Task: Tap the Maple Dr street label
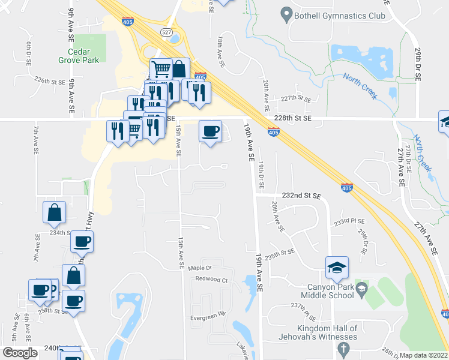pyautogui.click(x=200, y=268)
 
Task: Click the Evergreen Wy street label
pyautogui.click(x=208, y=313)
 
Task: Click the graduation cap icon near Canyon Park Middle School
pyautogui.click(x=337, y=267)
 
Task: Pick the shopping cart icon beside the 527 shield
pyautogui.click(x=161, y=69)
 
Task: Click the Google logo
pyautogui.click(x=20, y=353)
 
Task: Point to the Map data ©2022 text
pyautogui.click(x=423, y=355)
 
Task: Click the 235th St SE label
pyautogui.click(x=279, y=255)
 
